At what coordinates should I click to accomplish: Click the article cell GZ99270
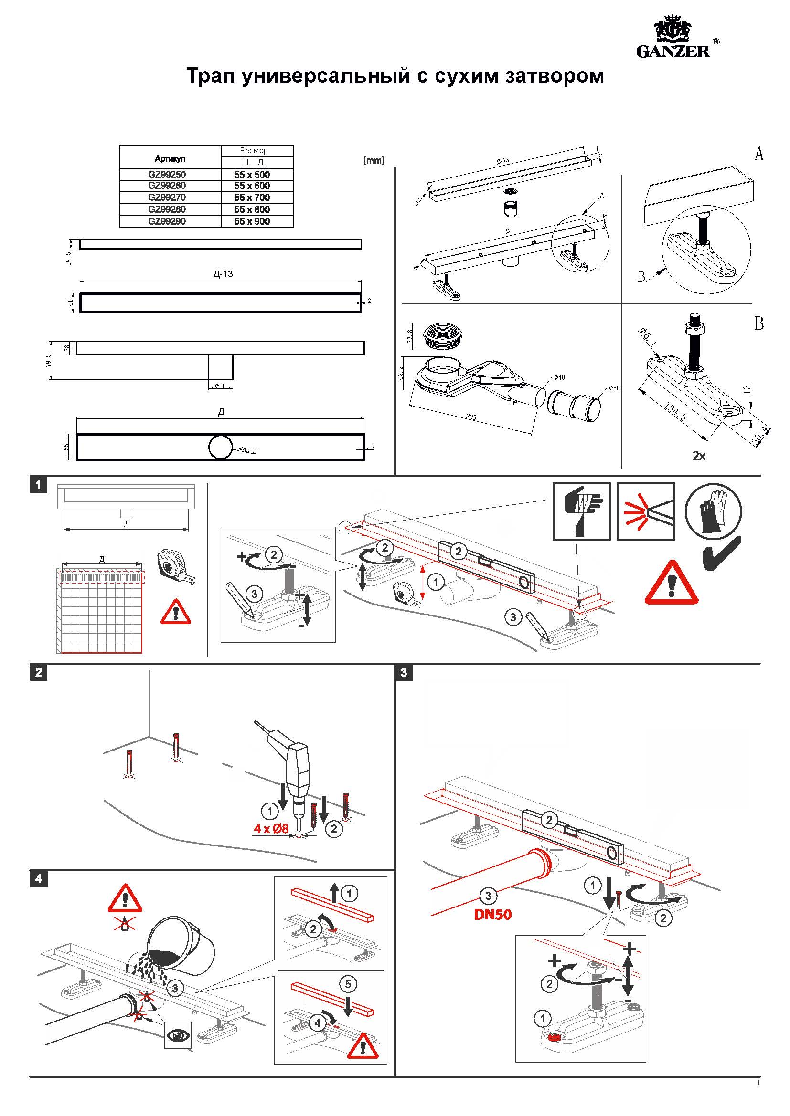(167, 198)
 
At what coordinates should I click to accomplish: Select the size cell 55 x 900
(252, 222)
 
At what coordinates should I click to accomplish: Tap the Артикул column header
(170, 159)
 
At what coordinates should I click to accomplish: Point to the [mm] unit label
(374, 160)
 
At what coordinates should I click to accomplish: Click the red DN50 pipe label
(493, 915)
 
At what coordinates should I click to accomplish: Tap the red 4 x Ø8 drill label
(271, 829)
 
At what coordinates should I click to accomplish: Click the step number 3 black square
(404, 673)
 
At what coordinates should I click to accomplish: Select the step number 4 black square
(38, 879)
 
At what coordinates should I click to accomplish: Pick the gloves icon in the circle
(713, 512)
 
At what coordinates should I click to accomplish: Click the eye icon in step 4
(178, 1035)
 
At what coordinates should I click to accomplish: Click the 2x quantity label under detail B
(699, 456)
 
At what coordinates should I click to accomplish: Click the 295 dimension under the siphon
(470, 417)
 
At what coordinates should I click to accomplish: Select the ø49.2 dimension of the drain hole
(247, 450)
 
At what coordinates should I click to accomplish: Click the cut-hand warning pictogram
(581, 511)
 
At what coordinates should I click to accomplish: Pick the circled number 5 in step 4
(348, 984)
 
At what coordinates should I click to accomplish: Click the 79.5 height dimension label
(49, 360)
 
